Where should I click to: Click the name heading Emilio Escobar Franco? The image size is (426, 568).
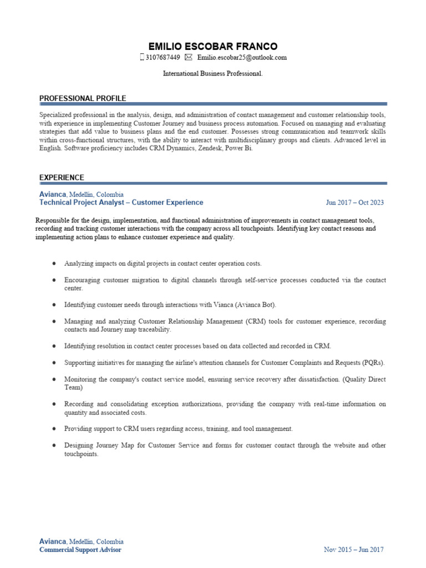tap(213, 46)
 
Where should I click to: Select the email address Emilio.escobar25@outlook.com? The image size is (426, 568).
tap(242, 58)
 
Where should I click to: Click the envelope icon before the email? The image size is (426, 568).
tap(189, 58)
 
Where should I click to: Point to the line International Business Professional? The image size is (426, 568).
tap(213, 73)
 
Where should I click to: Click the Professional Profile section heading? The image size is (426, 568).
tap(83, 98)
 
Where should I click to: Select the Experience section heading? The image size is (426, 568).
tap(62, 177)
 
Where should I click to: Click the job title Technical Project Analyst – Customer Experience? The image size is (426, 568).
tap(121, 202)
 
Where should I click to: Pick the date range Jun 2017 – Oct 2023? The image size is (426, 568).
tap(354, 203)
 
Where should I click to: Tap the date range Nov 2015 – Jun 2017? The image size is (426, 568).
tap(353, 550)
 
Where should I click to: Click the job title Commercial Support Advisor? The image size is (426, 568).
tap(80, 550)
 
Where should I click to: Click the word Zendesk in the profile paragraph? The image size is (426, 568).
tap(197, 149)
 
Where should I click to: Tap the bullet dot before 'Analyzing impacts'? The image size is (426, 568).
tap(53, 263)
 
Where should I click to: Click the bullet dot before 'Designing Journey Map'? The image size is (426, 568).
tap(53, 445)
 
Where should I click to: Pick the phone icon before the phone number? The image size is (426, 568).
tap(142, 58)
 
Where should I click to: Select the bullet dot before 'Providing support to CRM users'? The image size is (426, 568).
tap(53, 429)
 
